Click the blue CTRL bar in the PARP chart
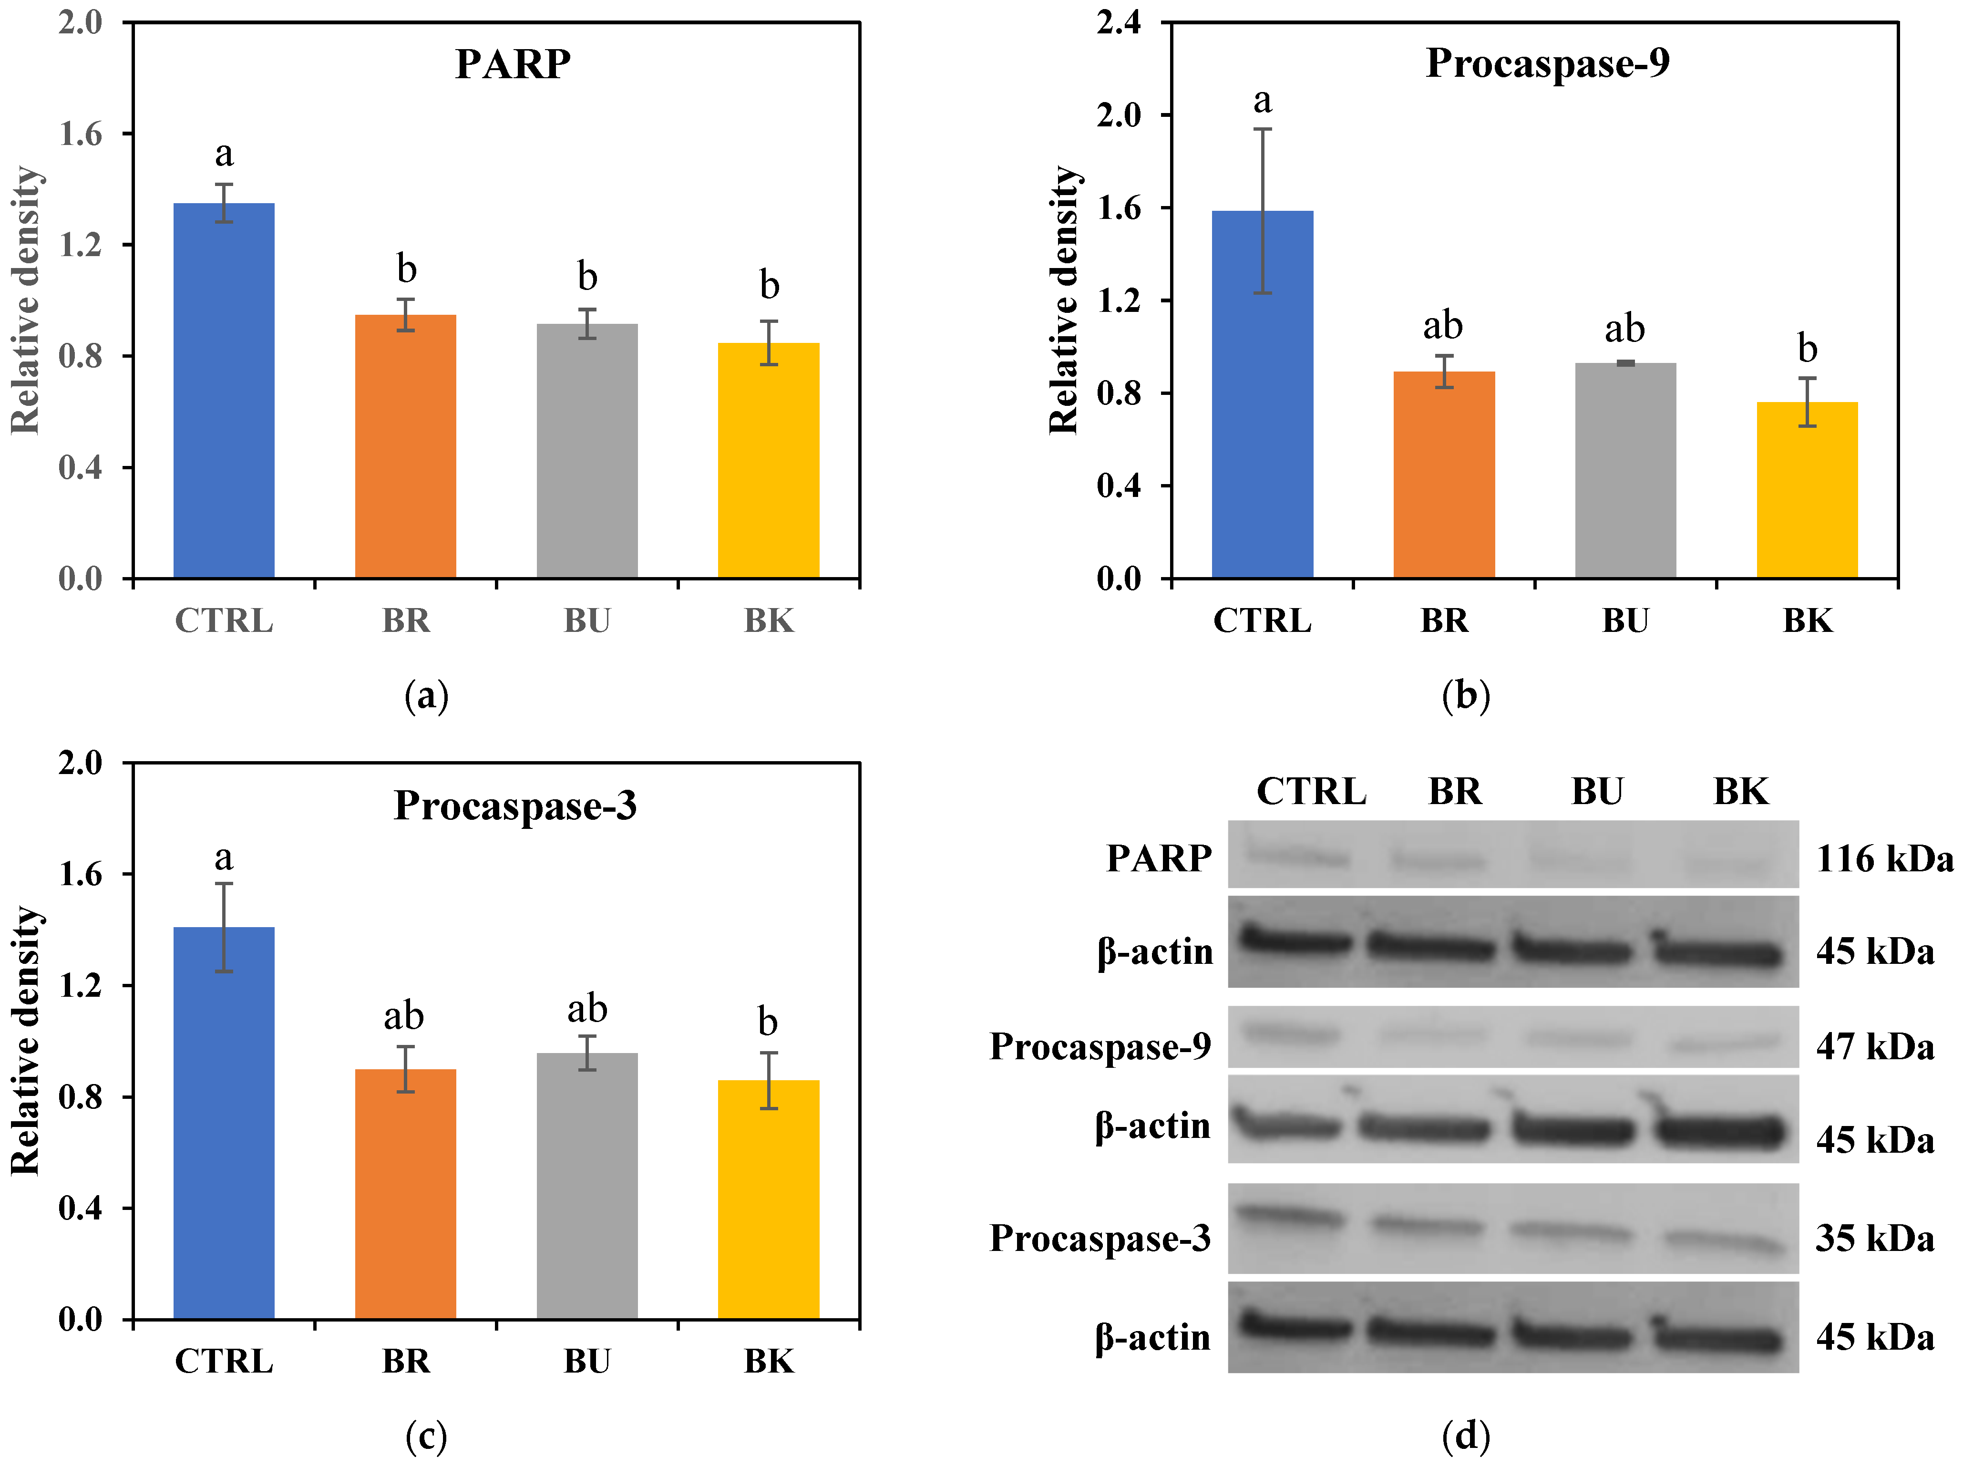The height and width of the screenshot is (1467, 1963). click(224, 391)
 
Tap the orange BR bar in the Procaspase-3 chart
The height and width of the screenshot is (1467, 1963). click(406, 1194)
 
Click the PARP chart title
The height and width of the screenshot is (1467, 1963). click(513, 64)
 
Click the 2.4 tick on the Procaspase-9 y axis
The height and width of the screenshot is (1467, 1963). click(1118, 22)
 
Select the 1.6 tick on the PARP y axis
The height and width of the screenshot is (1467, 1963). click(80, 134)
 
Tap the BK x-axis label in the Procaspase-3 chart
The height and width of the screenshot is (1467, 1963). click(769, 1361)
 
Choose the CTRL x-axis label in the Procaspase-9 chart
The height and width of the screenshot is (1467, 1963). click(1262, 620)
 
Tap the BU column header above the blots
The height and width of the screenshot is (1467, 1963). click(1596, 791)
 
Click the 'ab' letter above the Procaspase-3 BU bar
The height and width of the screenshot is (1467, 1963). click(586, 1009)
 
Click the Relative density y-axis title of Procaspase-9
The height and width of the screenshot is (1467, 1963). click(1063, 300)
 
